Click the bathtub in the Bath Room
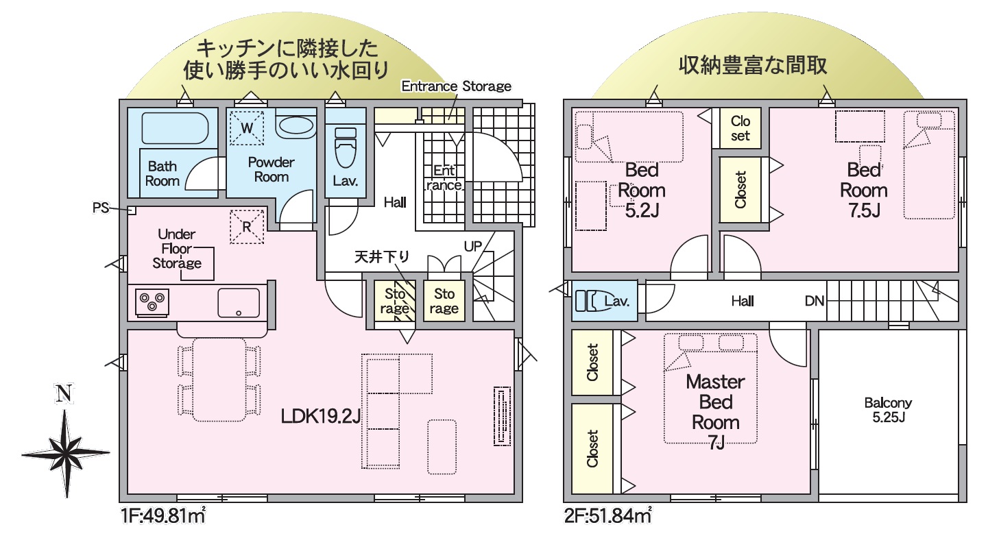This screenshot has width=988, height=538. (175, 128)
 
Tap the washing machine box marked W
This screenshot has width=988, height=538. (247, 128)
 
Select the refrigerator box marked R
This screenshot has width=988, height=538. (247, 227)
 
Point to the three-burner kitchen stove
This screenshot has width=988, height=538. (152, 302)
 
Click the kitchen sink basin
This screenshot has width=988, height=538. (239, 302)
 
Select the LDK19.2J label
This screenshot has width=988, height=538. (321, 416)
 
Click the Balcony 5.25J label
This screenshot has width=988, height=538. (889, 410)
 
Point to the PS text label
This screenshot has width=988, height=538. (101, 208)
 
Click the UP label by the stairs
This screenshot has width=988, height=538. (473, 246)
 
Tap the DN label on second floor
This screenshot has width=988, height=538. (815, 301)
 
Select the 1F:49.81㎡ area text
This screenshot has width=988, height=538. (162, 515)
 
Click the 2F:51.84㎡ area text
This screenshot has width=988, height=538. (607, 515)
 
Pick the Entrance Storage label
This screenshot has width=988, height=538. (456, 86)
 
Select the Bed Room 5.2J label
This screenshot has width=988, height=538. (642, 191)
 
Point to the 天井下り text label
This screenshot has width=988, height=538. (382, 256)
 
